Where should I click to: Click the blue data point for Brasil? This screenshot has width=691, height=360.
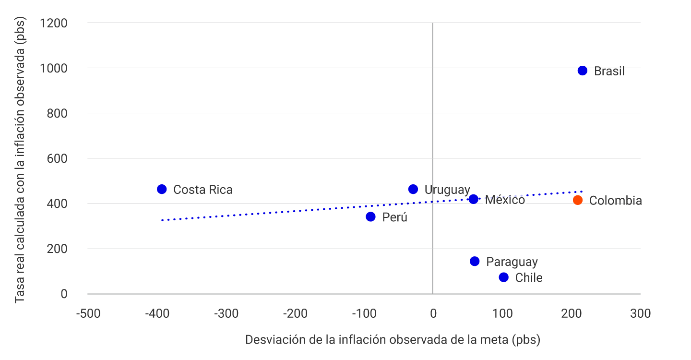pyautogui.click(x=583, y=71)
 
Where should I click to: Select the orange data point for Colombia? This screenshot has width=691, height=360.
pyautogui.click(x=578, y=200)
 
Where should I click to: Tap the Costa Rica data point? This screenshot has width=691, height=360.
pyautogui.click(x=162, y=189)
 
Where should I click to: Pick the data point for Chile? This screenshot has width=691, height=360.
pyautogui.click(x=503, y=277)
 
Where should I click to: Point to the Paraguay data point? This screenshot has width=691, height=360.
pyautogui.click(x=475, y=261)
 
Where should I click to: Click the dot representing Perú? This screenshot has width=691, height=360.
pyautogui.click(x=370, y=216)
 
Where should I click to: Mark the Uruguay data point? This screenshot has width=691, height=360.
pyautogui.click(x=413, y=189)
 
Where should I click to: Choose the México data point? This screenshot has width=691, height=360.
pyautogui.click(x=474, y=199)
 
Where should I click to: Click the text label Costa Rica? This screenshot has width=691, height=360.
pyautogui.click(x=203, y=190)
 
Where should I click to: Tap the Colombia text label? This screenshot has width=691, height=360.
pyautogui.click(x=615, y=201)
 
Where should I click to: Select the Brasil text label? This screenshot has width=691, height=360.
pyautogui.click(x=609, y=72)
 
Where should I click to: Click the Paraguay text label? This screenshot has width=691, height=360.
pyautogui.click(x=512, y=262)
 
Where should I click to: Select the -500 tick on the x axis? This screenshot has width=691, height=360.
pyautogui.click(x=88, y=314)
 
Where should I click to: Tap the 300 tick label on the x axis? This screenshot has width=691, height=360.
pyautogui.click(x=640, y=314)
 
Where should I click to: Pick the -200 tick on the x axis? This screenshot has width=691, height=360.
pyautogui.click(x=295, y=314)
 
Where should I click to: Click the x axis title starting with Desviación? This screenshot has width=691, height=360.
pyautogui.click(x=393, y=340)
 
